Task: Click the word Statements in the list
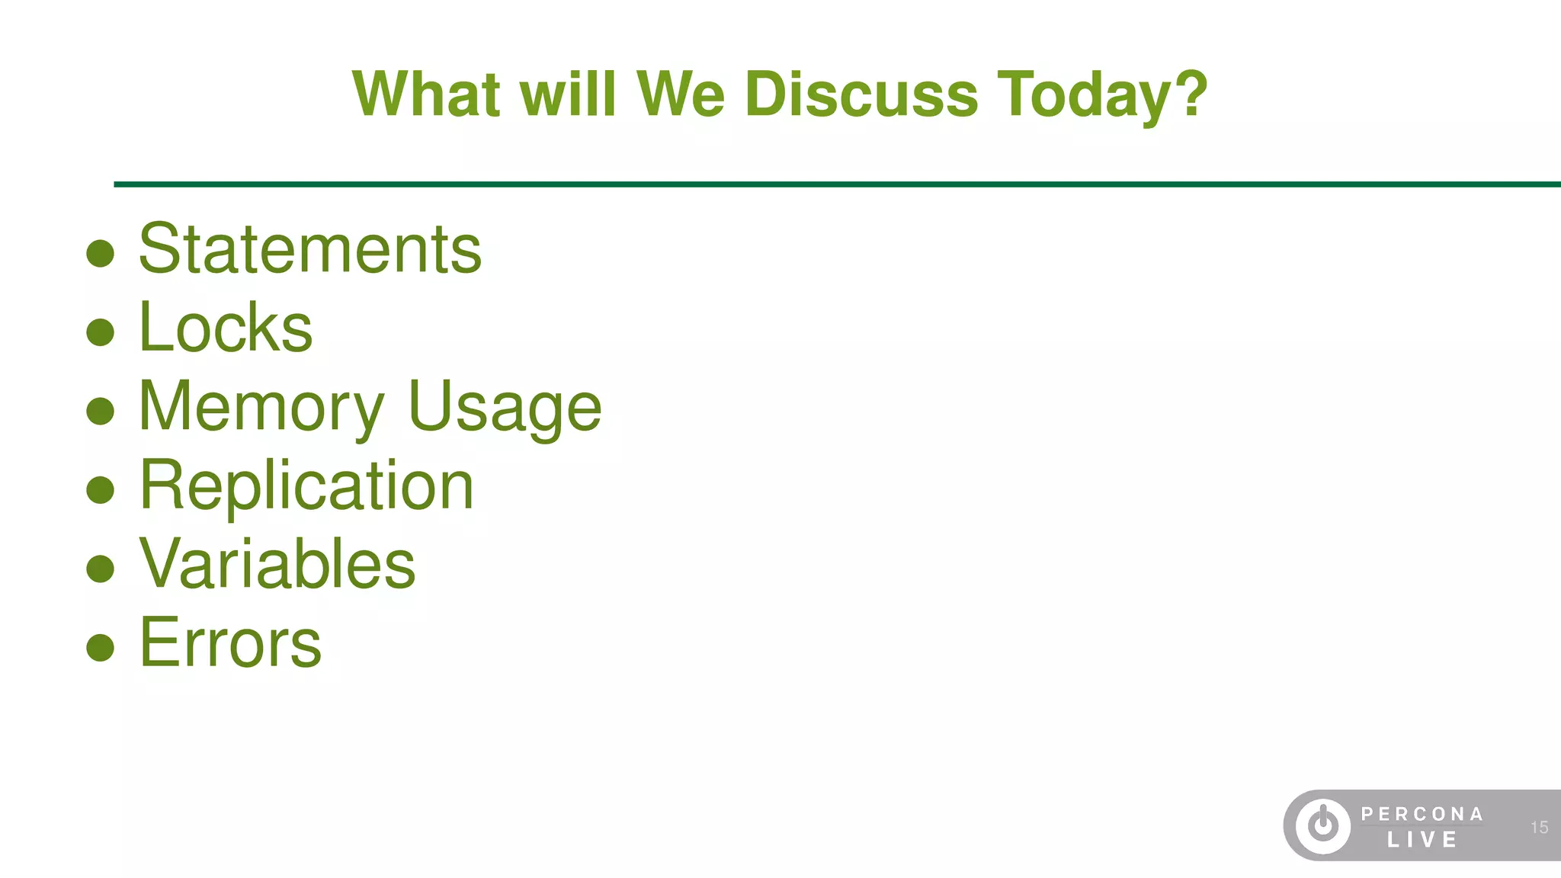coord(309,249)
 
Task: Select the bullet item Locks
coord(226,328)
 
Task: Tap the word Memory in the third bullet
coord(261,408)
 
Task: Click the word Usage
coord(505,408)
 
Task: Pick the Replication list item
coord(306,485)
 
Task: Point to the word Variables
coord(277,564)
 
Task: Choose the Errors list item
coord(230,643)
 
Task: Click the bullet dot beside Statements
coord(101,254)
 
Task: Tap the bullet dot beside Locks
coord(101,332)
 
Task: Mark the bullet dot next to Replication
coord(101,490)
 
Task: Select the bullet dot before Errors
coord(101,647)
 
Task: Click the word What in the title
coord(426,95)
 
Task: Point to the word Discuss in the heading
coord(861,95)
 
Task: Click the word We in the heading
coord(680,95)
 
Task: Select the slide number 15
coord(1539,827)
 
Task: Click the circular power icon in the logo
coord(1323,825)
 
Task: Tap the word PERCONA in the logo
coord(1422,814)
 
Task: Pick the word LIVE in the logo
coord(1422,840)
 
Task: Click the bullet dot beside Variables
coord(101,569)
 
